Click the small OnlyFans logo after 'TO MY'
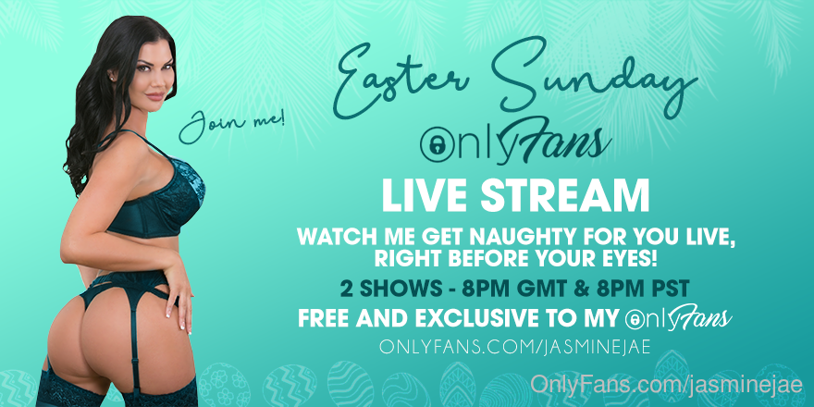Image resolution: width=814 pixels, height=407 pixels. (x=678, y=318)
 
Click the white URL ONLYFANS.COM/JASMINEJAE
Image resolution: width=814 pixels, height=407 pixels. (x=515, y=347)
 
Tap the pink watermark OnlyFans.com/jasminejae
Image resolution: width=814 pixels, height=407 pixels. (x=667, y=385)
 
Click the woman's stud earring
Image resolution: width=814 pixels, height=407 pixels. (x=113, y=78)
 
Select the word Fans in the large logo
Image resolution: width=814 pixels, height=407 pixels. (x=557, y=142)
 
